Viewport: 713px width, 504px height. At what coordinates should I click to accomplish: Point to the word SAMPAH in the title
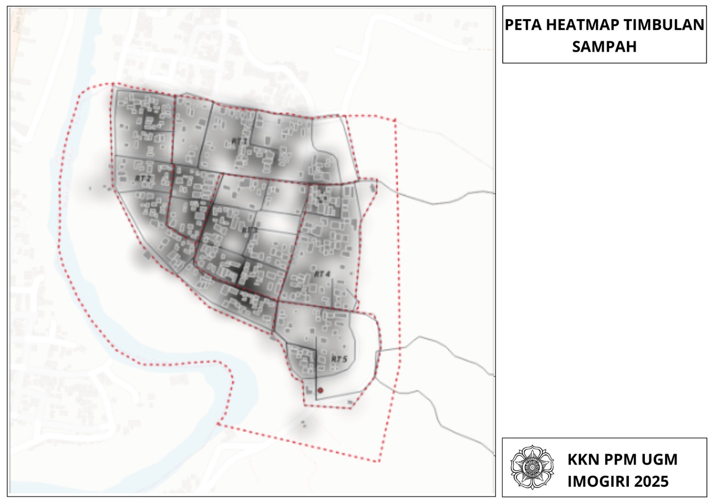coord(604,47)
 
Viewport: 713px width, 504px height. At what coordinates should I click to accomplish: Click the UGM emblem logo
coord(532,467)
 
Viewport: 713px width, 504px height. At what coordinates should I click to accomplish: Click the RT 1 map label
coord(239,141)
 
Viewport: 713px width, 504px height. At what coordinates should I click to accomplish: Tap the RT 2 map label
coord(143,178)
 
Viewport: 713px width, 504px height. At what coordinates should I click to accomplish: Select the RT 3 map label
coord(250,230)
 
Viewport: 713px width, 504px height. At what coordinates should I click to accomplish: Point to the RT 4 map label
coord(322,274)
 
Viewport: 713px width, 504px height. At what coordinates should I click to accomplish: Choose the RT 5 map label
coord(339,359)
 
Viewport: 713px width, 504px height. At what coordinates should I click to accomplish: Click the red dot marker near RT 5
coord(320,390)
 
